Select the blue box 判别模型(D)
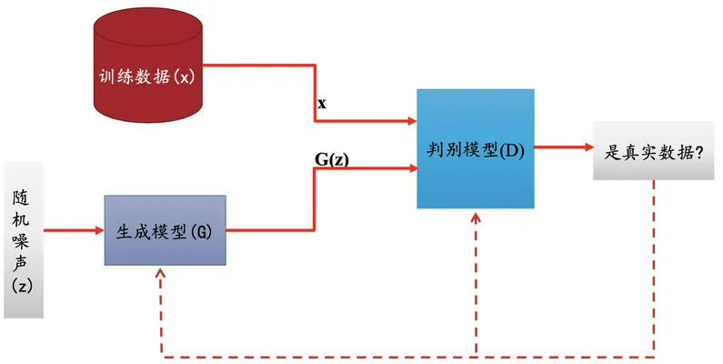pos(476,148)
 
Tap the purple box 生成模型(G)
pos(166,230)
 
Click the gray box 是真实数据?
pos(653,151)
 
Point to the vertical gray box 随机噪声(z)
pos(23,240)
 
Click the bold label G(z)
pos(332,159)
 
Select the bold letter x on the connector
pos(322,104)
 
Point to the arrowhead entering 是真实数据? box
pos(588,147)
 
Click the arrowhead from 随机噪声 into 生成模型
pos(100,230)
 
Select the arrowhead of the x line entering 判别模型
pos(412,121)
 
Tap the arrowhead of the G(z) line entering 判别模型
pos(413,168)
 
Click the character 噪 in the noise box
pos(21,240)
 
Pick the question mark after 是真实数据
pos(698,152)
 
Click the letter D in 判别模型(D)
pos(512,151)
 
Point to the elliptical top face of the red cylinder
pos(148,25)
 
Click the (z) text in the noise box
pos(22,287)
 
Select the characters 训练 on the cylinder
pos(115,76)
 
